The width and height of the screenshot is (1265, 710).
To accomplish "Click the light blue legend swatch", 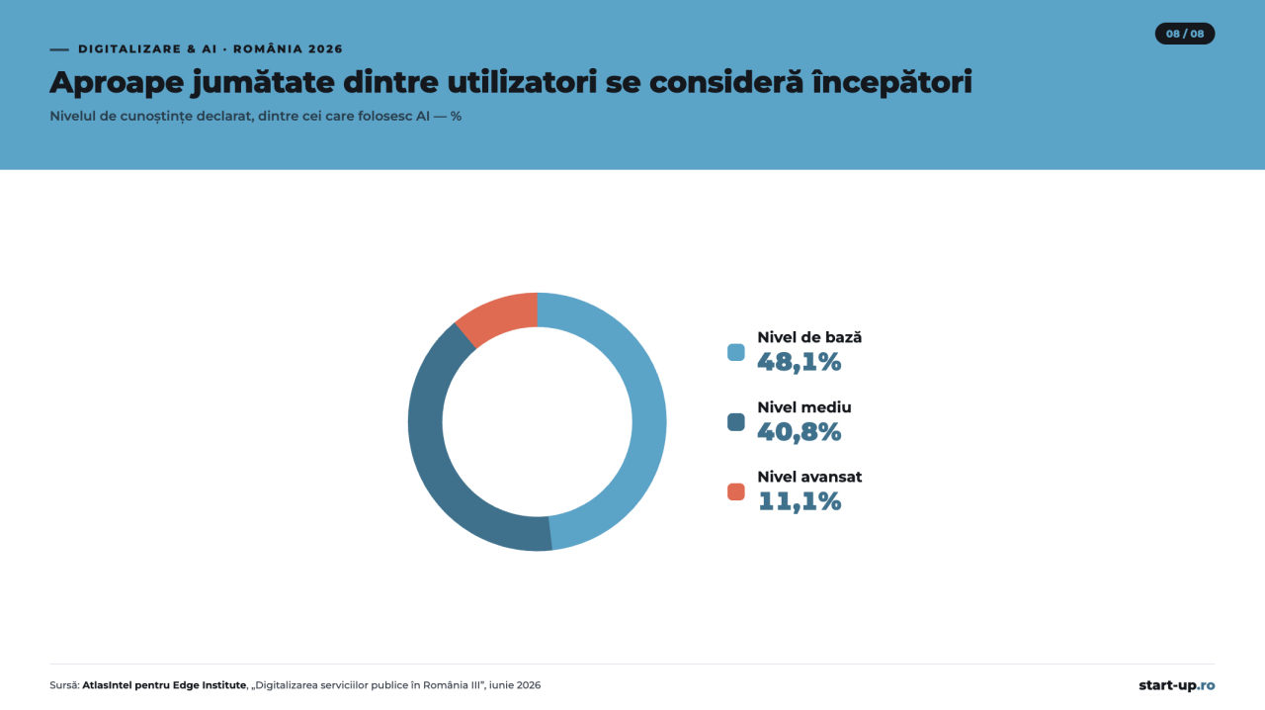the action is pyautogui.click(x=736, y=352).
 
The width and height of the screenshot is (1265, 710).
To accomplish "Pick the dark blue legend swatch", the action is pyautogui.click(x=736, y=421).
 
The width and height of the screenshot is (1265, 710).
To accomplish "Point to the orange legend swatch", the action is pyautogui.click(x=736, y=491).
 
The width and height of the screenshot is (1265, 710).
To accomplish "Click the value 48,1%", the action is pyautogui.click(x=800, y=362).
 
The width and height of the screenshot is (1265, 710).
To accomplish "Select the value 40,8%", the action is pyautogui.click(x=800, y=432).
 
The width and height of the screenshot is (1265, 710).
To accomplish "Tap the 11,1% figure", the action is pyautogui.click(x=800, y=502).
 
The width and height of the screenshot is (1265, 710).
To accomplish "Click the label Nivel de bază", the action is pyautogui.click(x=809, y=337).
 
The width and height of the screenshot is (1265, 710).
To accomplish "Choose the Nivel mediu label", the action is pyautogui.click(x=804, y=407).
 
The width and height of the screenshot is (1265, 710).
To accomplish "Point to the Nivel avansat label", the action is pyautogui.click(x=809, y=477).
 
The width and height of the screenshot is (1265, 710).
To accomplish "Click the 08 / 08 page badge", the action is pyautogui.click(x=1185, y=34).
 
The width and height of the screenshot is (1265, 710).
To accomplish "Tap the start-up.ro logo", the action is pyautogui.click(x=1176, y=685).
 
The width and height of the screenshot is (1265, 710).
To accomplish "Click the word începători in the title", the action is pyautogui.click(x=891, y=82).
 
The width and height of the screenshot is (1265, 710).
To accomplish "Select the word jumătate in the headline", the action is pyautogui.click(x=263, y=82).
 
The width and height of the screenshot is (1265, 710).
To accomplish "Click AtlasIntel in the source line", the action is pyautogui.click(x=108, y=685).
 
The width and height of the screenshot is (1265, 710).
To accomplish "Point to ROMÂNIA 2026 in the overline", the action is pyautogui.click(x=288, y=48).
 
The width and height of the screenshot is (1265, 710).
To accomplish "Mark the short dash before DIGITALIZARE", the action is pyautogui.click(x=59, y=49).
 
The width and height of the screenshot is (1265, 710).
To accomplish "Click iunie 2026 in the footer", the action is pyautogui.click(x=515, y=685).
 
